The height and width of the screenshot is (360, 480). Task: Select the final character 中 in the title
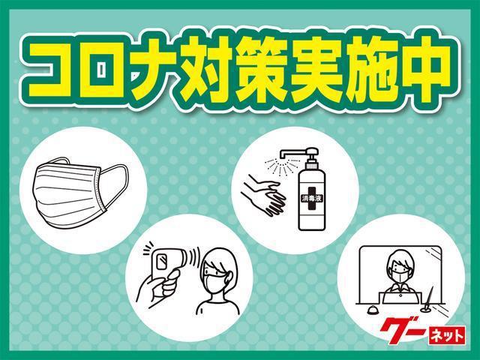coord(424,70)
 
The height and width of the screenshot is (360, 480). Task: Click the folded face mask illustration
coord(80,192)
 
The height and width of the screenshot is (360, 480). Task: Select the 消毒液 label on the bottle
coord(311,198)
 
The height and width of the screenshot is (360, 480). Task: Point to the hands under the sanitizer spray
coord(263,195)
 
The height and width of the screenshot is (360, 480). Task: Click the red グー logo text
coord(403,330)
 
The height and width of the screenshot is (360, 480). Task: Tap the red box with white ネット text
coord(446,335)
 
